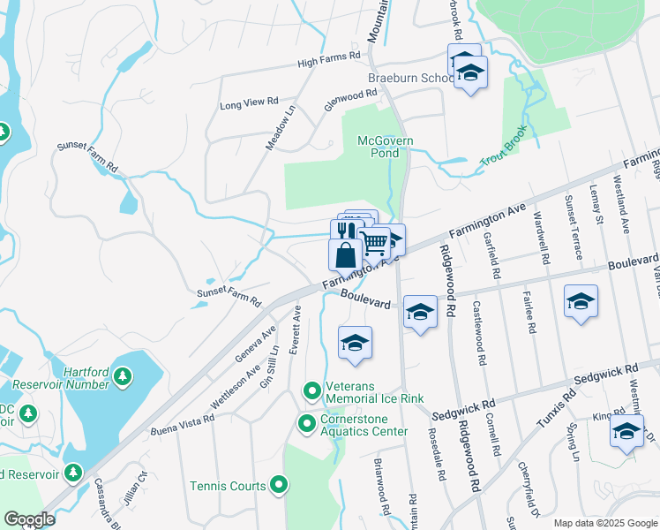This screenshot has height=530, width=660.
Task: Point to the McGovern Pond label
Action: (385, 147)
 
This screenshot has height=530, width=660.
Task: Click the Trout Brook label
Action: (503, 148)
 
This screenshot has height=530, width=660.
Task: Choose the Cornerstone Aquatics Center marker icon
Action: (306, 424)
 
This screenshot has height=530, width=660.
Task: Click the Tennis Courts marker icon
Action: (279, 484)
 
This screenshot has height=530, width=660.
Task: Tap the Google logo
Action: (28, 519)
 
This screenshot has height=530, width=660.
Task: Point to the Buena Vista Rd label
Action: (183, 419)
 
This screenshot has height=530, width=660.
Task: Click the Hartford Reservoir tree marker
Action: (123, 377)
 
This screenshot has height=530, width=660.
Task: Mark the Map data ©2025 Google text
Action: (604, 523)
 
